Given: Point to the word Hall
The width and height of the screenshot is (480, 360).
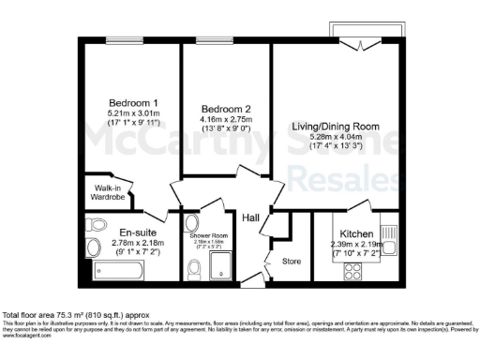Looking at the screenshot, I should [250, 217].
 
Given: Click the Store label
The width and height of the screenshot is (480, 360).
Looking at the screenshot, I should [292, 261].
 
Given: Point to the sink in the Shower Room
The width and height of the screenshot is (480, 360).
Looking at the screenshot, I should [191, 225].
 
